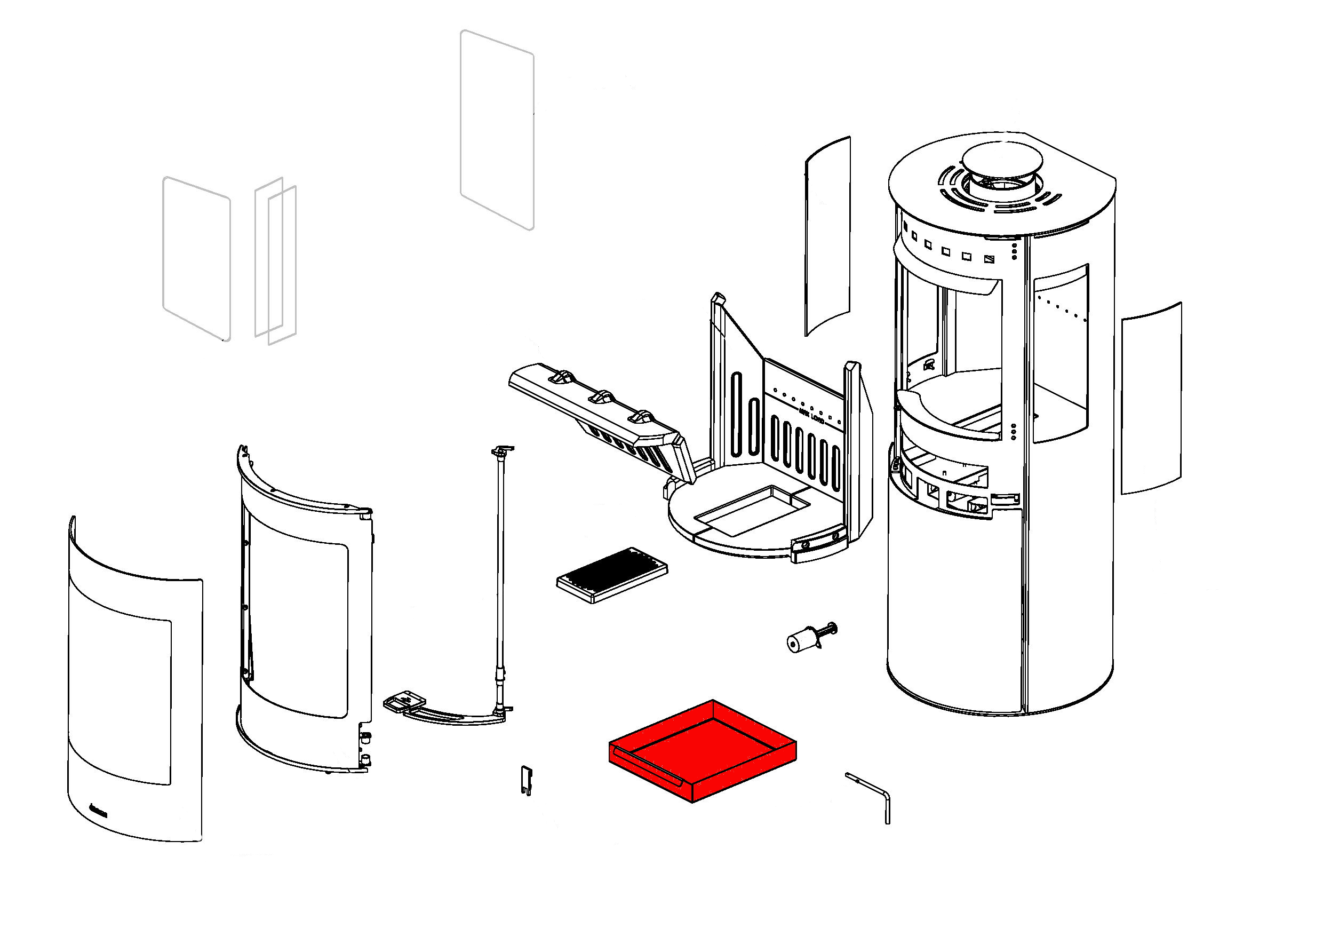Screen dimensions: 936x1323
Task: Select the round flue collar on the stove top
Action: pos(1001,160)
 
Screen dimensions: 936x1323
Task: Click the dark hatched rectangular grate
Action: pos(612,574)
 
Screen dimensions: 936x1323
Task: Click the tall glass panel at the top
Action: pos(497,130)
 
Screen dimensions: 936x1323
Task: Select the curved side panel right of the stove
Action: pos(1151,398)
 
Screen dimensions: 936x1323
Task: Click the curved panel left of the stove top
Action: pos(827,236)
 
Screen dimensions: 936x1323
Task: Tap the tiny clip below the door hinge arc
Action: pos(526,780)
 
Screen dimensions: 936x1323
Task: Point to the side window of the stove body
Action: pos(1060,352)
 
